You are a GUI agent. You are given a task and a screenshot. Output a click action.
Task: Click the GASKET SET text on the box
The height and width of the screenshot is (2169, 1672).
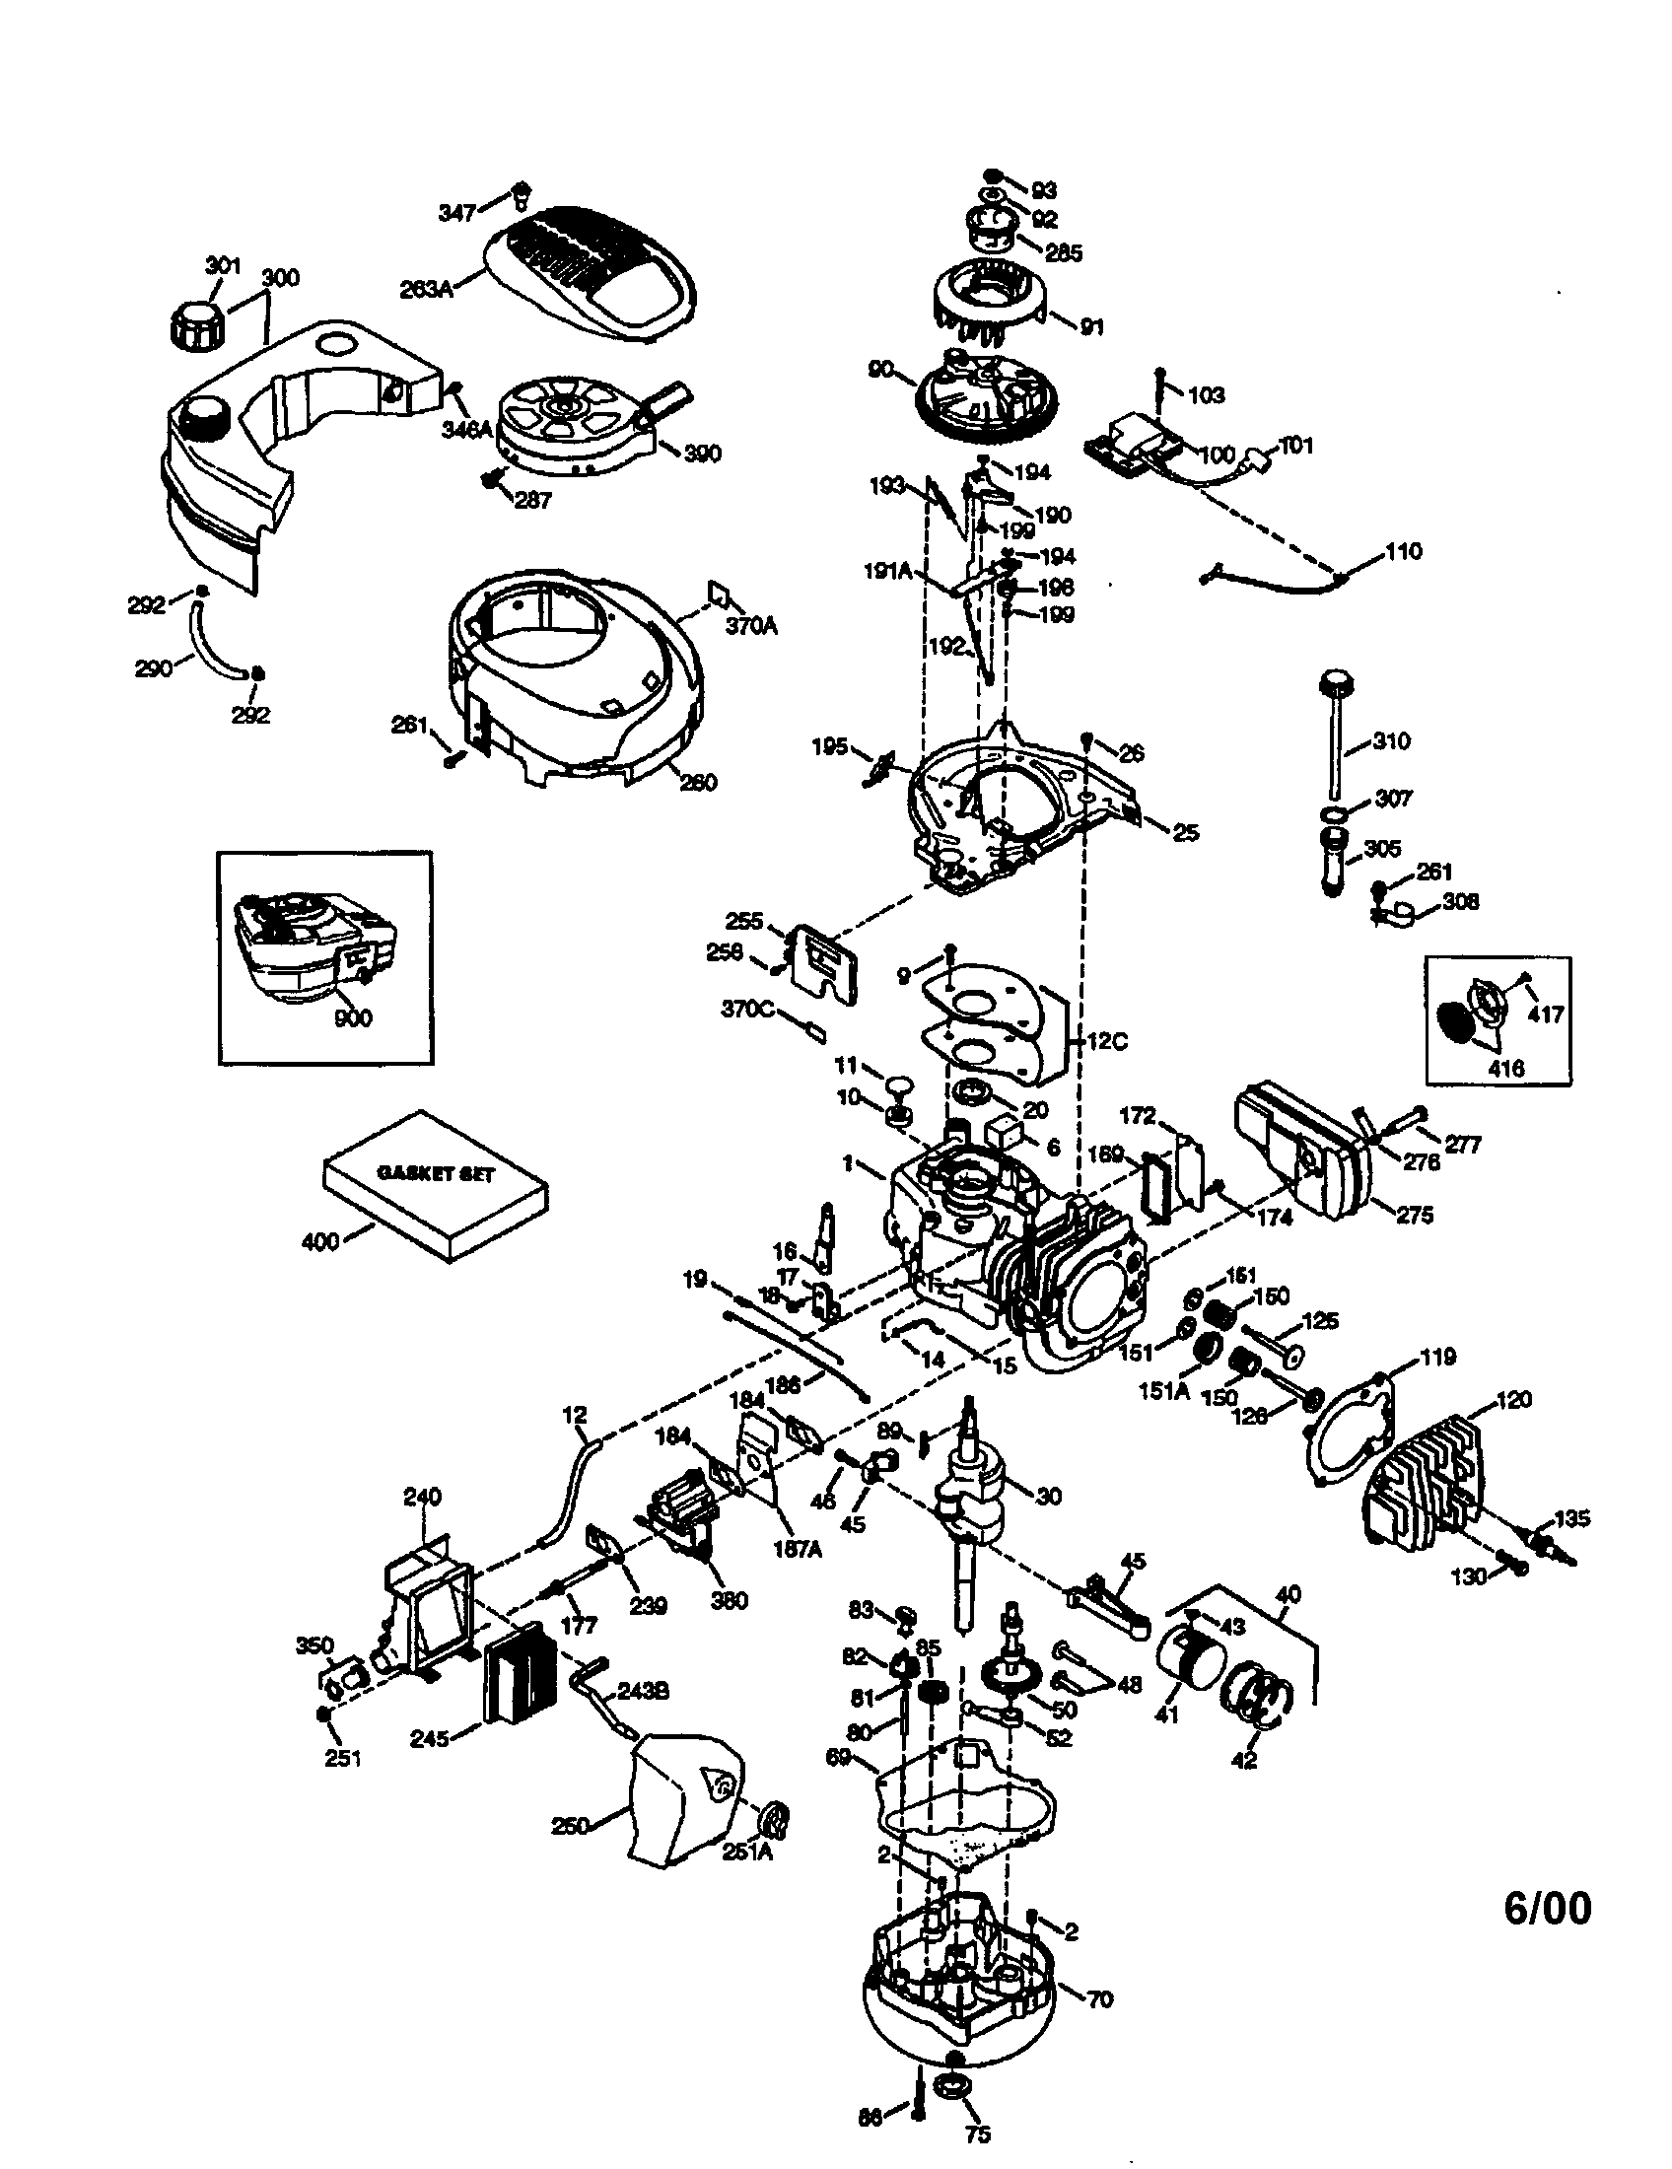[x=435, y=1173]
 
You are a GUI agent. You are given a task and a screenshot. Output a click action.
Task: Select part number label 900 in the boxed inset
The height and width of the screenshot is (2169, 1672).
[x=353, y=1018]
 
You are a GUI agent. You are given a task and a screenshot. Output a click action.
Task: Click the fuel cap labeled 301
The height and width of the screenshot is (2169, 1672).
[x=196, y=324]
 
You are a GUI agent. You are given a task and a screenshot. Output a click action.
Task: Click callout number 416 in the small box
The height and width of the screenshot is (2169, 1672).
[x=1505, y=1069]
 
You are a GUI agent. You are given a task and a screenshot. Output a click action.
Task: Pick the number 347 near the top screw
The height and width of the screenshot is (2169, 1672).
[x=456, y=212]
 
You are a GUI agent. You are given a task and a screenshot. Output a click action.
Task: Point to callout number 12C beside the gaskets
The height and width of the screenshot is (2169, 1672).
[x=1107, y=1042]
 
